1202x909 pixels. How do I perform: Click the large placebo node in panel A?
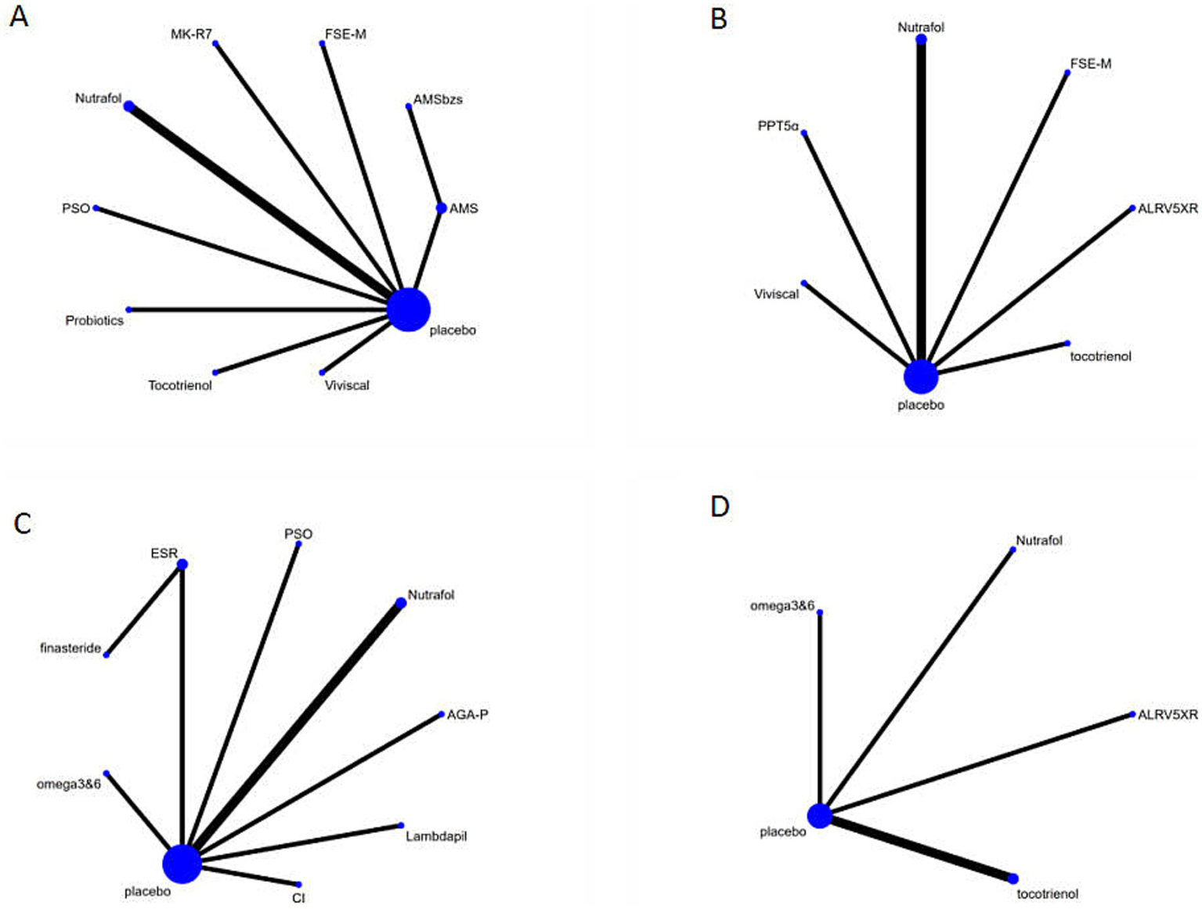[408, 309]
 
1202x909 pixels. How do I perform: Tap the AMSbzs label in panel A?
[438, 99]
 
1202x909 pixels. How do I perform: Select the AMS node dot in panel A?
[442, 208]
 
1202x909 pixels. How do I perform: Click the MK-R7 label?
[191, 34]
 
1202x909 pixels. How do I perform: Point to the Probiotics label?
[94, 320]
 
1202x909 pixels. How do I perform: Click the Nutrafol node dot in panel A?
[128, 106]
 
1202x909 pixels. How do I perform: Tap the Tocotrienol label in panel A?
[180, 385]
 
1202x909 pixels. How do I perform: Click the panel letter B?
[718, 18]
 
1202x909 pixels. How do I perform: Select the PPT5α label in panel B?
[778, 125]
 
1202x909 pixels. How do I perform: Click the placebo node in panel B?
[921, 377]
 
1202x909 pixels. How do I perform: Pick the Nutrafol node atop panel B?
[921, 39]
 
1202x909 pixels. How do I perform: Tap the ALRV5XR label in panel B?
[1168, 208]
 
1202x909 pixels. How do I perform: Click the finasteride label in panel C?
[70, 648]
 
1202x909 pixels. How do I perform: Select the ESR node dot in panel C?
[182, 565]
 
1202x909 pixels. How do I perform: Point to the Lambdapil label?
[436, 836]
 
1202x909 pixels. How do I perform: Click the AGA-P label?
[467, 715]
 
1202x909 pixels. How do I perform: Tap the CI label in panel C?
[298, 898]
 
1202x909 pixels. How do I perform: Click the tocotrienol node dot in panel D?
[1013, 878]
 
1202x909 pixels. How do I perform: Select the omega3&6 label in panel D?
[782, 606]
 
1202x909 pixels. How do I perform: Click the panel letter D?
[720, 507]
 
